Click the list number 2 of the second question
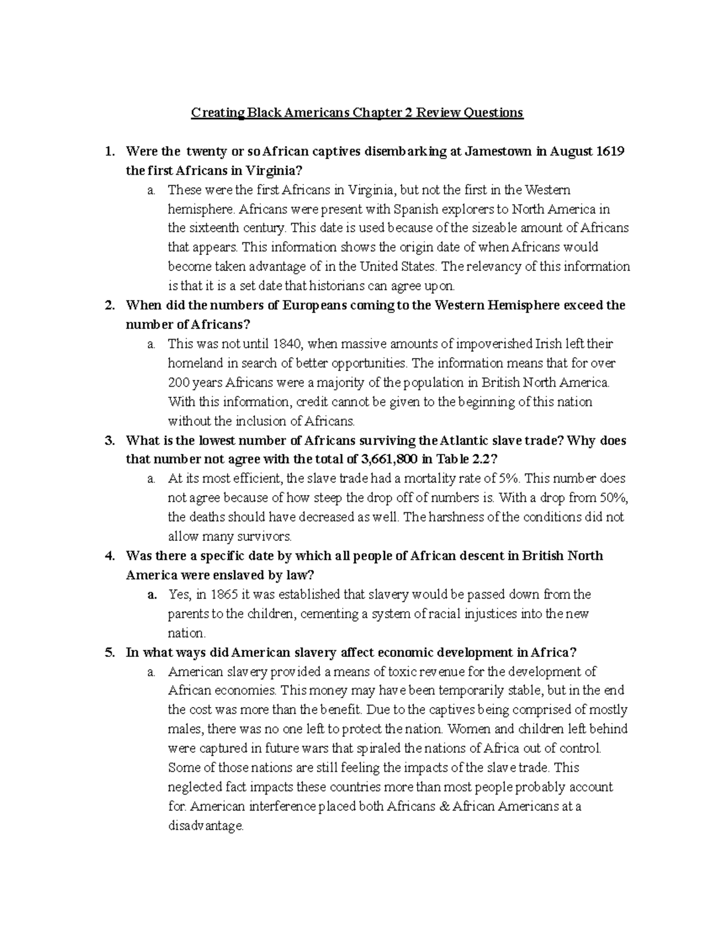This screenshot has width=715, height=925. [109, 306]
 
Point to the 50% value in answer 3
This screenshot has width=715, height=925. [614, 497]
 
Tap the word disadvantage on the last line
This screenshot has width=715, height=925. [206, 827]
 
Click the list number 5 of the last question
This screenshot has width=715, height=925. [109, 652]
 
